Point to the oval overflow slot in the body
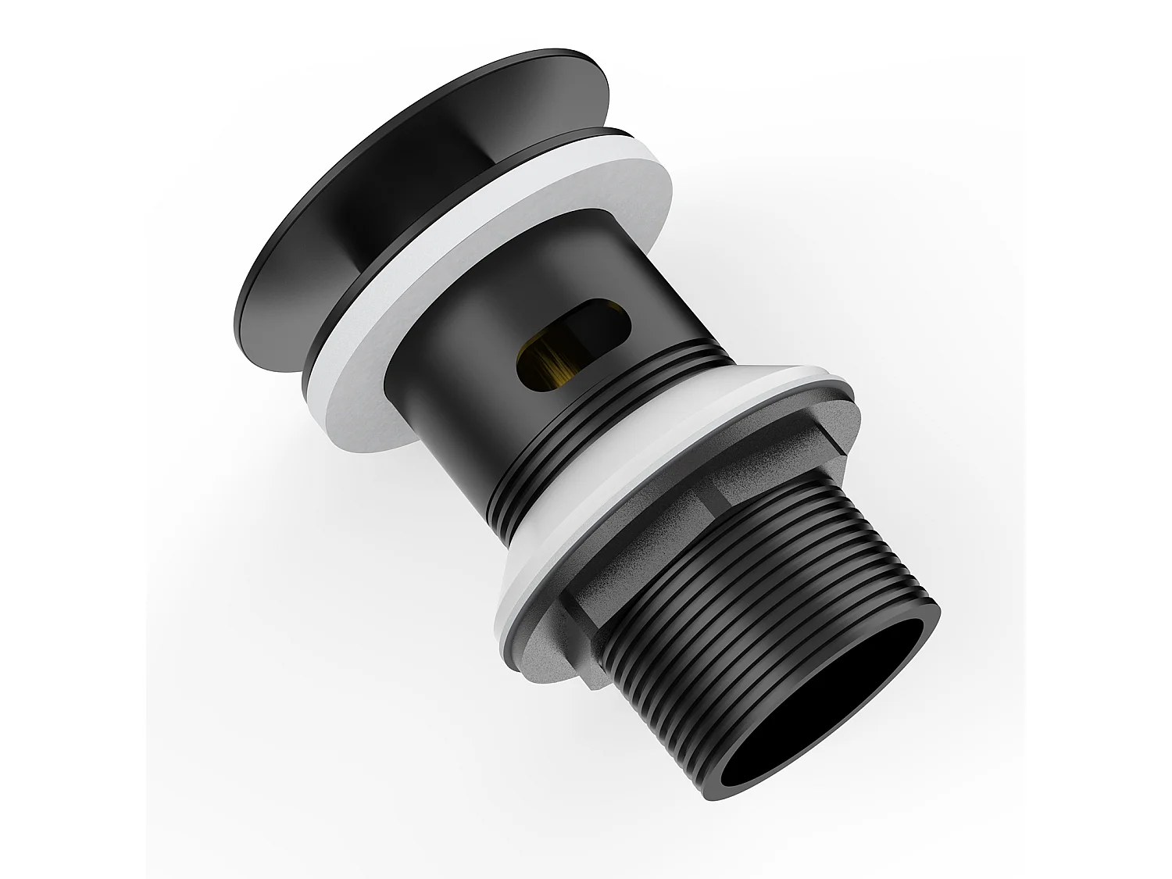pos(574,336)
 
